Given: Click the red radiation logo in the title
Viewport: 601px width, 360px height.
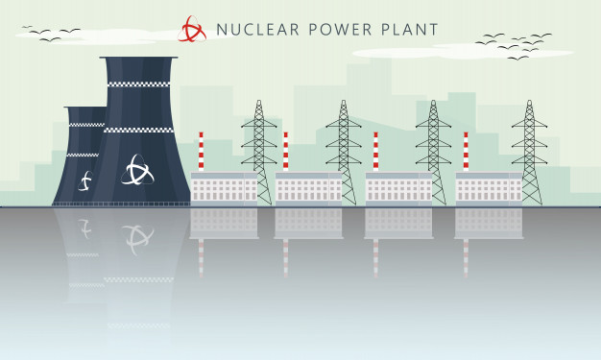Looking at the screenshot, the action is [x=192, y=29].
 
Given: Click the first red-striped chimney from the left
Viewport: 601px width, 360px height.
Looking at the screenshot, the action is [x=201, y=152].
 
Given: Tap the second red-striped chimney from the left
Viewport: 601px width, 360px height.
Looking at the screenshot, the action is [x=285, y=152].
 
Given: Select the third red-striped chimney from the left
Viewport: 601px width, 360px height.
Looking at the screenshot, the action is [x=375, y=152].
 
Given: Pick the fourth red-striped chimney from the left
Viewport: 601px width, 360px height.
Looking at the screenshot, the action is [x=466, y=152].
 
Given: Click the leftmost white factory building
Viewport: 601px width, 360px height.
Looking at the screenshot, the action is [x=224, y=189].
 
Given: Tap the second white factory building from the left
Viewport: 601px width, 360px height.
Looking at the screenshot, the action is [x=308, y=189].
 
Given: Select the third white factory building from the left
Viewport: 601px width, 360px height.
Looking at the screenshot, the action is [x=398, y=189].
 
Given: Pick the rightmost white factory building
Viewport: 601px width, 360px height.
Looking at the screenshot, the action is [x=489, y=189].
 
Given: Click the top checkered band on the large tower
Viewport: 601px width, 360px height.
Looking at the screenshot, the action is [x=140, y=84].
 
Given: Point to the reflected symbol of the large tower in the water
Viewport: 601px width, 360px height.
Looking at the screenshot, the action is [x=137, y=238].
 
